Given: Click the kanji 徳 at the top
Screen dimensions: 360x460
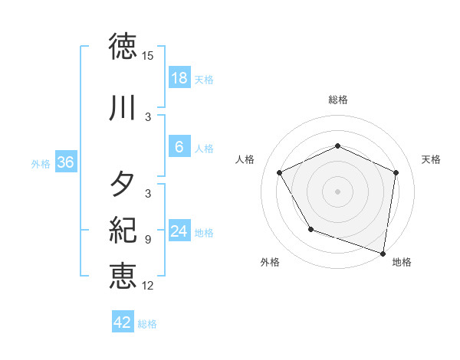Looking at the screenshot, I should [123, 47].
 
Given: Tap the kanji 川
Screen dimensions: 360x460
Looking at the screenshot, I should [123, 109].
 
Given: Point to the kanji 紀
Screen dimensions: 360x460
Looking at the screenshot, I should [123, 231].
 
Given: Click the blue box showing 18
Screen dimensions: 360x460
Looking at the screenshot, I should [179, 78].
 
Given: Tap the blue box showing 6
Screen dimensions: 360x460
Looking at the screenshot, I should [179, 147].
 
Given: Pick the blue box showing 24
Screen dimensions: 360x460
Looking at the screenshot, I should [179, 231].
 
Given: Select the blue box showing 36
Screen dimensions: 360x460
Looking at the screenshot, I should [65, 162].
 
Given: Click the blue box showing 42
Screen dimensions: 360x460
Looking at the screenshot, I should [122, 322].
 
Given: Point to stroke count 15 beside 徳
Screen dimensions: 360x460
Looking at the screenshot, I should [148, 56].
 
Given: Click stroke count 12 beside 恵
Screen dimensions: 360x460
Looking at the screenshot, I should [148, 285].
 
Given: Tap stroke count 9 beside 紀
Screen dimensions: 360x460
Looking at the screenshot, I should [148, 240].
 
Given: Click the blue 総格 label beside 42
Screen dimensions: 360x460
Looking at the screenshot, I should [147, 324].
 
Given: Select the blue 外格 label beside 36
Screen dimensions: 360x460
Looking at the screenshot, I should [41, 163].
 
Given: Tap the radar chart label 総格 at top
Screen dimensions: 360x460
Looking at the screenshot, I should [337, 100].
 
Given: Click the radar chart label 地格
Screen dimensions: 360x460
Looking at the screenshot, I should [402, 262].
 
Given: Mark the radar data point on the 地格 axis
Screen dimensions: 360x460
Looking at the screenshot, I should [383, 253].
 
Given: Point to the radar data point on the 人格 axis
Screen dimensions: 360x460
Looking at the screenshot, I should [280, 173].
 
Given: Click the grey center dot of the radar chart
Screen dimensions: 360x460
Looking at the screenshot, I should [337, 191].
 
